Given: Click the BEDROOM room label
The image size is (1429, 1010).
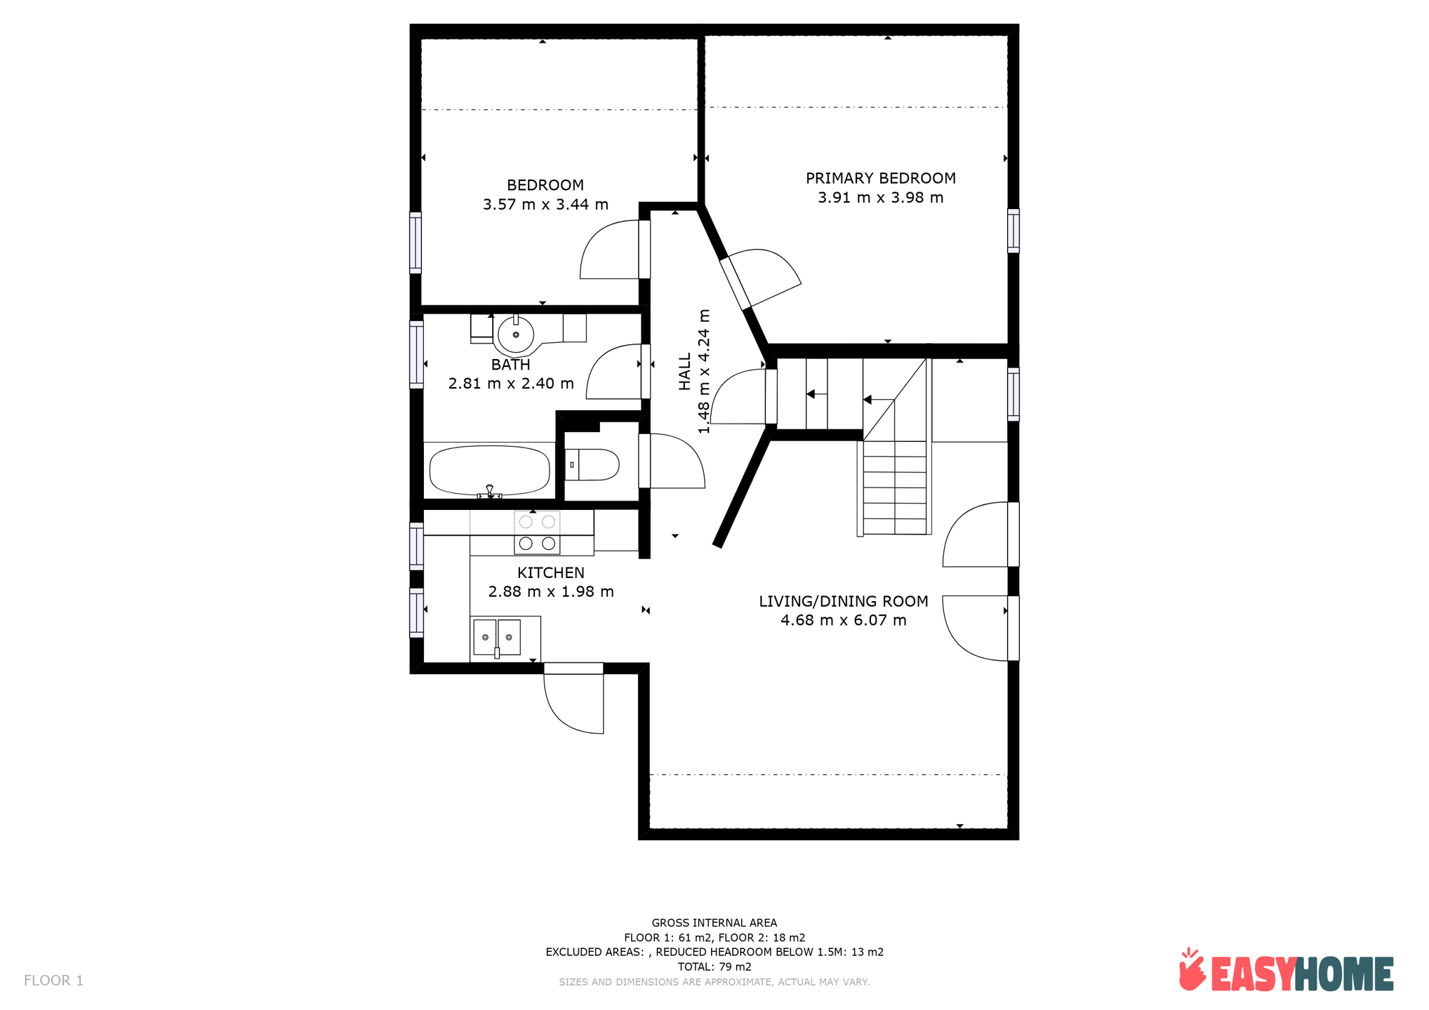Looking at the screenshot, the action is [545, 185].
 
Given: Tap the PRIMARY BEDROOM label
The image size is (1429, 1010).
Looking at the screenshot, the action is [880, 178].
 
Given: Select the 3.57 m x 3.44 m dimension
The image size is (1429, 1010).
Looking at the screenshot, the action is [545, 205].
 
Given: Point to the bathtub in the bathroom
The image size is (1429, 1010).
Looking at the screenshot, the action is [489, 471].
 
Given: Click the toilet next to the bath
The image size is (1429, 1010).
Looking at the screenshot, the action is [592, 464].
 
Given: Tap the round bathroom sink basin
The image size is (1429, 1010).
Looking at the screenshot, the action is [516, 335].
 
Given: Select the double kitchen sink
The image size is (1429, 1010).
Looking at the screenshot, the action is [497, 637].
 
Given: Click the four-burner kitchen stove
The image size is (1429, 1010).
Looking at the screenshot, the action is [537, 532].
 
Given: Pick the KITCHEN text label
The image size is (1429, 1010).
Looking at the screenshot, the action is [551, 572].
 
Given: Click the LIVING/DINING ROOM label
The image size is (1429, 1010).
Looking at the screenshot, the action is [843, 601].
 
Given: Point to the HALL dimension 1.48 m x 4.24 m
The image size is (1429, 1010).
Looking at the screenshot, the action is [704, 371].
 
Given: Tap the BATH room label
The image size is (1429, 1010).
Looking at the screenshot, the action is [510, 365].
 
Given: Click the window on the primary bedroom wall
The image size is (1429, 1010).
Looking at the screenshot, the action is [1013, 230].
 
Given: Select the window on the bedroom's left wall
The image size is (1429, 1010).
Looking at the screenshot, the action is [416, 243].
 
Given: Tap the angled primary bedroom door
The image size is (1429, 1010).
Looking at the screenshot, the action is [760, 279].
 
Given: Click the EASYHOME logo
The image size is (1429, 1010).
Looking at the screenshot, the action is [1287, 971].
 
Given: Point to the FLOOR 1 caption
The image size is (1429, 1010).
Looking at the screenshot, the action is [53, 981].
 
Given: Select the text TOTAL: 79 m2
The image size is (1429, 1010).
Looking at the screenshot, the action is [714, 967].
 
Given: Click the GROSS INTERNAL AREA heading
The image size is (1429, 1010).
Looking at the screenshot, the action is [714, 923].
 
